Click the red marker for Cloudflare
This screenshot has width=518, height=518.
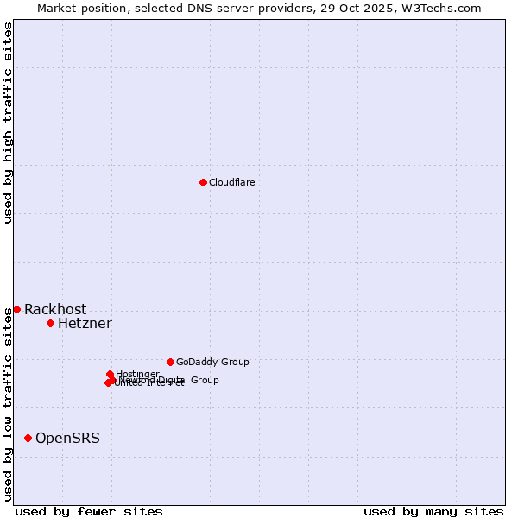(x=203, y=182)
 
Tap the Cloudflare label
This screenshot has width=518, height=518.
(x=231, y=182)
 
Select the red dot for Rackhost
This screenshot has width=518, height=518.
(x=16, y=309)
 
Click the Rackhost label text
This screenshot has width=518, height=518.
(x=55, y=310)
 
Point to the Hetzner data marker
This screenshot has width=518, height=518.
(x=50, y=323)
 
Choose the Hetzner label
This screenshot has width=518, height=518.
(x=85, y=324)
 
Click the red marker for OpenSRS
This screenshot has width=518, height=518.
(x=28, y=438)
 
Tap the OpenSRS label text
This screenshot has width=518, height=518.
(x=67, y=439)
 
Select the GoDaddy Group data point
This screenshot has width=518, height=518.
(x=170, y=362)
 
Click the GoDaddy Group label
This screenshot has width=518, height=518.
(x=212, y=362)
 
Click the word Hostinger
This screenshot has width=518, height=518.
(x=137, y=374)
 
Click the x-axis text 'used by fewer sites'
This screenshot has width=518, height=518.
(x=89, y=511)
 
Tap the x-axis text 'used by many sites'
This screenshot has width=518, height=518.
(x=433, y=511)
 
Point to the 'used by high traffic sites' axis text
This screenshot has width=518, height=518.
(x=8, y=123)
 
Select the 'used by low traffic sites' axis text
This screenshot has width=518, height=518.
(x=8, y=403)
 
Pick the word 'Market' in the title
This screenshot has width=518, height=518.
(x=56, y=8)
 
